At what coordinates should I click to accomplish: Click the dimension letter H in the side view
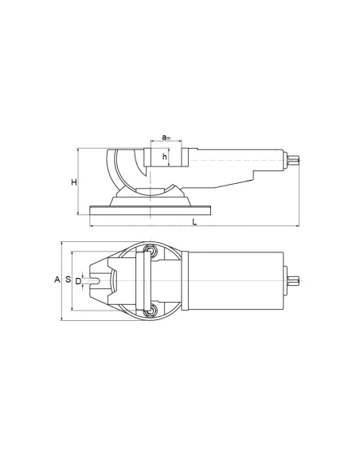tap(73, 182)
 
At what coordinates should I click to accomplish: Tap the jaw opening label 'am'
tap(166, 138)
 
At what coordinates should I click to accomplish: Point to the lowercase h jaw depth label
tap(165, 157)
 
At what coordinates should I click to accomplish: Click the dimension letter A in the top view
tap(57, 279)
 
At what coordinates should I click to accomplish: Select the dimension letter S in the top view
tap(68, 279)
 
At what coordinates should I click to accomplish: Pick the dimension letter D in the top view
tap(78, 279)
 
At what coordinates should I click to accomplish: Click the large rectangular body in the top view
tap(237, 280)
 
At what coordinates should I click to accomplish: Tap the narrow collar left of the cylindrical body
tap(182, 280)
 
